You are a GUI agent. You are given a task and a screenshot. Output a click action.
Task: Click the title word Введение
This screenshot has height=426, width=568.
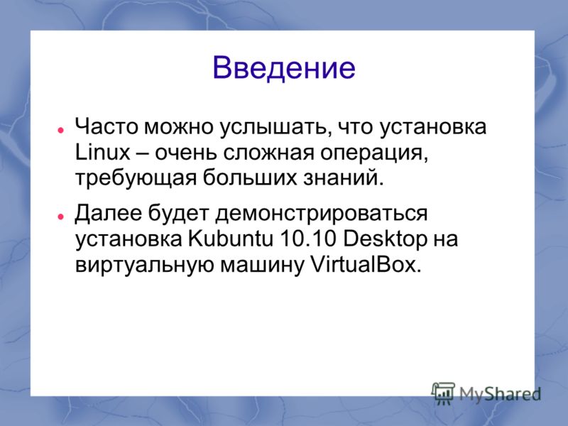[283, 67]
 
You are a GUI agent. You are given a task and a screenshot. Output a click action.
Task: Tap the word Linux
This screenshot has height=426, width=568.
[102, 152]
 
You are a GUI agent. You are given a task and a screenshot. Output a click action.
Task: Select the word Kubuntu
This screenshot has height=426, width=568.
[230, 239]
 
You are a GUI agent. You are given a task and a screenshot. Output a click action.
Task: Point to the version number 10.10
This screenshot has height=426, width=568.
[308, 239]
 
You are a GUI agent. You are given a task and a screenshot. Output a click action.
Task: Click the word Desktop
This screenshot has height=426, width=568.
[385, 239]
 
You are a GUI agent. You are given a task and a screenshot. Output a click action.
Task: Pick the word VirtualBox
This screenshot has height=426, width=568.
[366, 265]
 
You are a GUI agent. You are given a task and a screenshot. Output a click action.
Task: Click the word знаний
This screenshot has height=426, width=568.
[343, 178]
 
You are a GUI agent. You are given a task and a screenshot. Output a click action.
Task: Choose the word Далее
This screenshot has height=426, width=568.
[108, 214]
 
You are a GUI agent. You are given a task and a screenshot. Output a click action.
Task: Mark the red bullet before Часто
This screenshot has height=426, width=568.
[60, 129]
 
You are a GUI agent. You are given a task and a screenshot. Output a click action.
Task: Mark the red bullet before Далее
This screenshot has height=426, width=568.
[60, 217]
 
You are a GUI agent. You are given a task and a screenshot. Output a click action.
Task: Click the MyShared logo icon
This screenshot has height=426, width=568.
[443, 393]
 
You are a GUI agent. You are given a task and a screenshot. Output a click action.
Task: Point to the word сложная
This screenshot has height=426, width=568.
[268, 153]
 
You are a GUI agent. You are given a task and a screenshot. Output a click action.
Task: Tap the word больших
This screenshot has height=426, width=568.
[250, 178]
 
